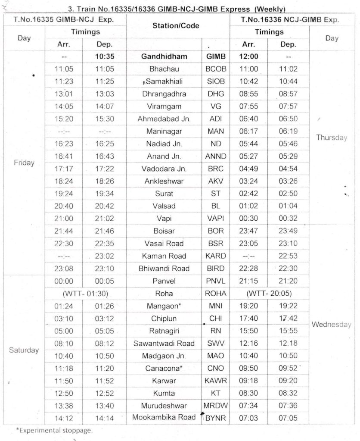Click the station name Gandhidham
[x=164, y=56]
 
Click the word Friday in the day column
[x=24, y=163]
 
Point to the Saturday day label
[x=24, y=350]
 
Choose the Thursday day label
[x=332, y=138]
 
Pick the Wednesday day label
[x=332, y=325]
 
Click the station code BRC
[x=216, y=169]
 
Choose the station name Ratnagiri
[x=164, y=331]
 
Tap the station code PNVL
[x=216, y=281]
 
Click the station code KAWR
[x=216, y=381]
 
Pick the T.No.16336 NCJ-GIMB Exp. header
[x=290, y=19]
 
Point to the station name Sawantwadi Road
[x=164, y=344]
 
